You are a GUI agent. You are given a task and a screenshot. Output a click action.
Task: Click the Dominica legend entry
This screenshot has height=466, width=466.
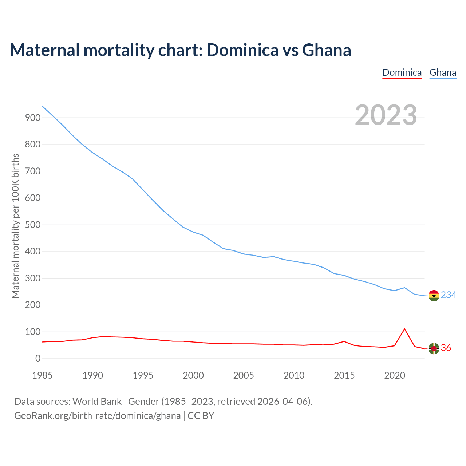(402, 72)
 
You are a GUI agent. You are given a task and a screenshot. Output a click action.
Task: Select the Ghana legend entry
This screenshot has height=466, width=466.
(443, 72)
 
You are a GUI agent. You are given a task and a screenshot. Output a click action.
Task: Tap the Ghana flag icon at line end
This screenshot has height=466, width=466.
(434, 296)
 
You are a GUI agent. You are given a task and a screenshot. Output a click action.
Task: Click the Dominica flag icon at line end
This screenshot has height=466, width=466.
(434, 348)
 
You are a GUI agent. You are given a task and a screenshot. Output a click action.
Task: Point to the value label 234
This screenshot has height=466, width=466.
(449, 295)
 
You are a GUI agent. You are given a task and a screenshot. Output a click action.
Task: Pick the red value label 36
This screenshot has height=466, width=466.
(446, 348)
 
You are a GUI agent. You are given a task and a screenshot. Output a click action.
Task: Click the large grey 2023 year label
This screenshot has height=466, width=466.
(386, 115)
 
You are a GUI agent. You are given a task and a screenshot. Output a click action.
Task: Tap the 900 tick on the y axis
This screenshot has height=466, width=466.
(32, 118)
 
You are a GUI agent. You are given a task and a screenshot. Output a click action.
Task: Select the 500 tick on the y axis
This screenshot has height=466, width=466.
(32, 225)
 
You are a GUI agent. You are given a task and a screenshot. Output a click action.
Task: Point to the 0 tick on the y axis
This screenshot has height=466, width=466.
(38, 359)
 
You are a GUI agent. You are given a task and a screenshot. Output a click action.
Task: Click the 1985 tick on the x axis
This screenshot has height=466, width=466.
(42, 375)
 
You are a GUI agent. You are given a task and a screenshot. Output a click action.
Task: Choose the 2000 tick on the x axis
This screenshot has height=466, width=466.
(193, 375)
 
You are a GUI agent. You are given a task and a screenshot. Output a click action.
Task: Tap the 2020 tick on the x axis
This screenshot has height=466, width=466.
(395, 375)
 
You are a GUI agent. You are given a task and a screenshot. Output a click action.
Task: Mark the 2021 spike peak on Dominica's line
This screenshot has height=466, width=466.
(404, 329)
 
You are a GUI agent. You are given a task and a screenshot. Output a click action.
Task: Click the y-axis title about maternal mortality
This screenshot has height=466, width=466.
(15, 226)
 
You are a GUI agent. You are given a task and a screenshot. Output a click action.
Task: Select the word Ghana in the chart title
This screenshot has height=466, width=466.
(327, 50)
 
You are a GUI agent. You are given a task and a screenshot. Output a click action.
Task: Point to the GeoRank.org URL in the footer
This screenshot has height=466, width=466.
(97, 416)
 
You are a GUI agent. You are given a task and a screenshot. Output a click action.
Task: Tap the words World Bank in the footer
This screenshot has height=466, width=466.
(97, 402)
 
